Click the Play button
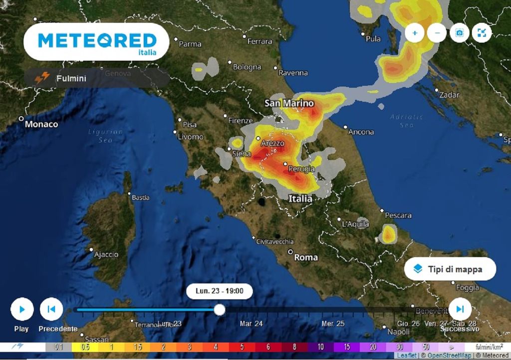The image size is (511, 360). (22, 309)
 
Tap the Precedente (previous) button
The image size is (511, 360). (51, 309)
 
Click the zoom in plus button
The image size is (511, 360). (415, 33)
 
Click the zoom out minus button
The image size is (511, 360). (437, 33)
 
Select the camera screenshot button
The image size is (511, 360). (460, 33)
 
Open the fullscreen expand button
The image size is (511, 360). (482, 33)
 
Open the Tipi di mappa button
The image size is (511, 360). (450, 269)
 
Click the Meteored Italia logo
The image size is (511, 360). (97, 41)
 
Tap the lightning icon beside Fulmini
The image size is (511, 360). (42, 78)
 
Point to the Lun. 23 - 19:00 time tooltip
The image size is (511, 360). (220, 291)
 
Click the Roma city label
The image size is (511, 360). (306, 258)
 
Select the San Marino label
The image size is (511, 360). (289, 103)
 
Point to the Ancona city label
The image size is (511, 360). (361, 132)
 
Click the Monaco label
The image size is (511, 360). (41, 124)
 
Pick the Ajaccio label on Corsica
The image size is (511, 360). (106, 254)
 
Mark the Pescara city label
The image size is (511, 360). (398, 215)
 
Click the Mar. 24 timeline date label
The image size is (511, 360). (251, 324)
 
